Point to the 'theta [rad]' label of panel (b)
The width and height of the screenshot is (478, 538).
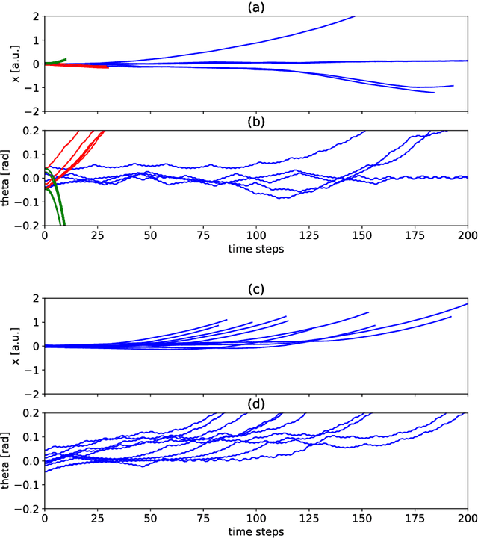click(7, 178)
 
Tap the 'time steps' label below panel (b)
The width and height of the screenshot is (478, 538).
click(255, 249)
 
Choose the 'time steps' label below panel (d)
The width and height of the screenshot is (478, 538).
click(255, 531)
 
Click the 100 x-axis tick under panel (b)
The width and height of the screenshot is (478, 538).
click(256, 235)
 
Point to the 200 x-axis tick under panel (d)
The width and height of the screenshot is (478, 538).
click(468, 518)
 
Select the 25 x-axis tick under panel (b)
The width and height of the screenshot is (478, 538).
click(97, 235)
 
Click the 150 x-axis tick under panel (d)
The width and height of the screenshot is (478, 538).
click(361, 518)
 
